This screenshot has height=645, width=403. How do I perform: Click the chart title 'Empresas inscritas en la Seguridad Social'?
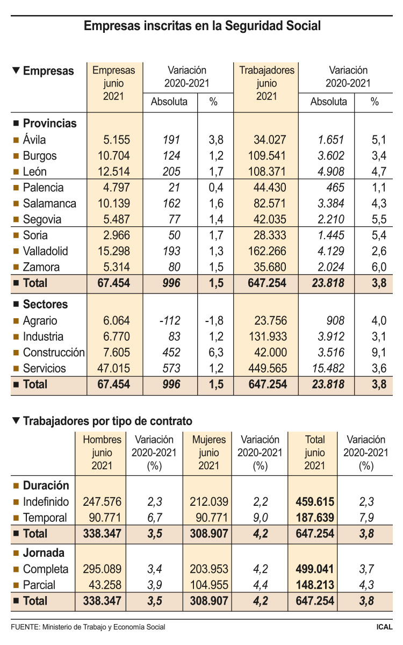point(202,26)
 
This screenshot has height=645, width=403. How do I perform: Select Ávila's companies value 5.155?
point(117,140)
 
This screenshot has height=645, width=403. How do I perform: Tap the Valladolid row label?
point(46,251)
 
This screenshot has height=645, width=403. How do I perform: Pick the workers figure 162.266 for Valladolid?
point(267,251)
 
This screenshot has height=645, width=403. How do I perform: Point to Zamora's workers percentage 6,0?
point(379,267)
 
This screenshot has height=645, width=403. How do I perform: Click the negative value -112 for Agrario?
point(170,321)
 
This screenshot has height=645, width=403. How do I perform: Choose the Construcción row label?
point(54,353)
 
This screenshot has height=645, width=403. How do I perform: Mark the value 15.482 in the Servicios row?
point(328,368)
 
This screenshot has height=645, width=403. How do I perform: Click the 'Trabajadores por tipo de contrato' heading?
point(107,421)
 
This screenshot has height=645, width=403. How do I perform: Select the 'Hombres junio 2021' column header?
point(102,453)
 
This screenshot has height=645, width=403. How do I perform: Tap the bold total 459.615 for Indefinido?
point(315,502)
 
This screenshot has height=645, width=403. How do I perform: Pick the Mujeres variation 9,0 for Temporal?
point(260,518)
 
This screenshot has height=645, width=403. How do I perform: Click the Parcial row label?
point(39,585)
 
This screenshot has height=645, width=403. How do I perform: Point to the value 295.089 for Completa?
point(102,569)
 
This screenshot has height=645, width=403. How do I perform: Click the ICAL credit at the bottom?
point(384,627)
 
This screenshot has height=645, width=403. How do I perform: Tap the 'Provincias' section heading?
point(50,124)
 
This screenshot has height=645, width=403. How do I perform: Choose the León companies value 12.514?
point(114,171)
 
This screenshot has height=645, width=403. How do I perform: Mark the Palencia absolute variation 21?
point(175,188)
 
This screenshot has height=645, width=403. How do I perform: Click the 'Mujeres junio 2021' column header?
point(209,453)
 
